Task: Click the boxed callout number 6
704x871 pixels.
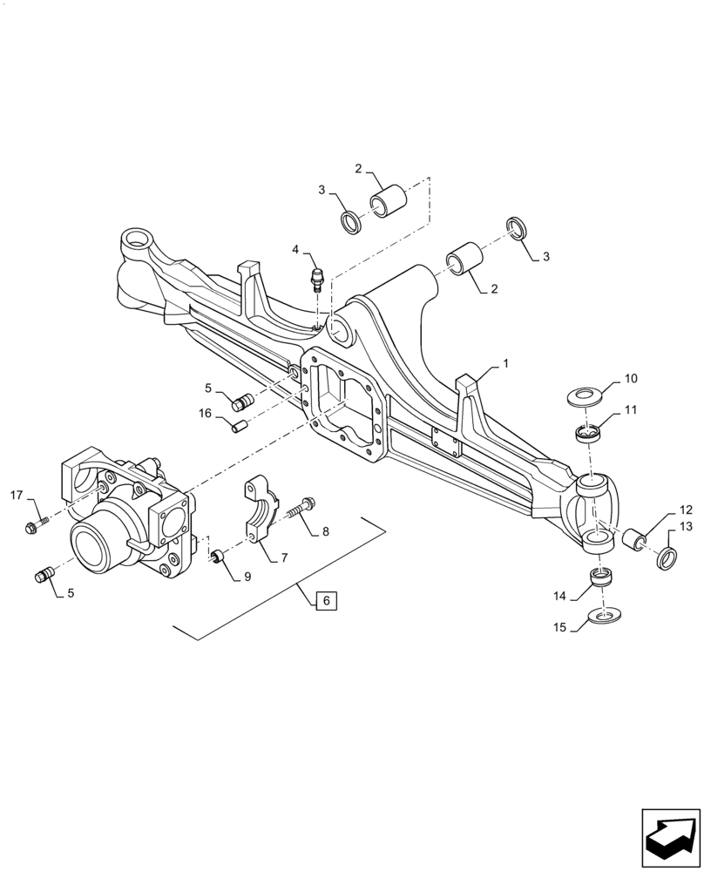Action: [x=324, y=600]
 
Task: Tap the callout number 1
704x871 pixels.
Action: [x=505, y=361]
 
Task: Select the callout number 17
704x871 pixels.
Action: [x=17, y=496]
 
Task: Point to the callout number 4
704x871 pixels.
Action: [x=296, y=250]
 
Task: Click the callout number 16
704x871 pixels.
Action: [x=206, y=413]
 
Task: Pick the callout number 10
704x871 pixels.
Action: [x=631, y=379]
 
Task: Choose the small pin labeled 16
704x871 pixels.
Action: [x=240, y=426]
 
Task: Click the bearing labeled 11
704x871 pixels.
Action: [x=590, y=433]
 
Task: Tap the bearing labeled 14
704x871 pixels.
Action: [x=600, y=578]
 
